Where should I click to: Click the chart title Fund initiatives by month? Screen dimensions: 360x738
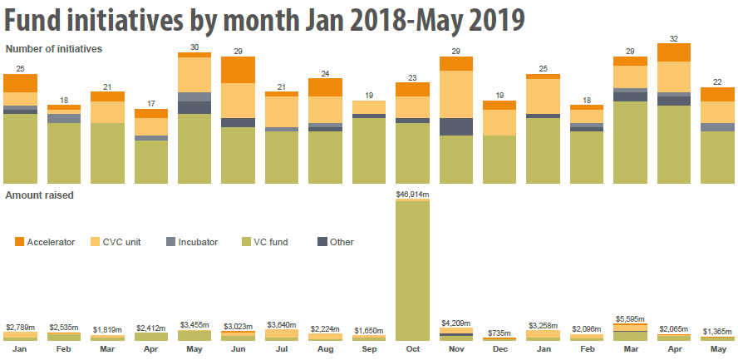(x=264, y=19)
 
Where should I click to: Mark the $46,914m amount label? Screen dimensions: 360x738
(x=412, y=194)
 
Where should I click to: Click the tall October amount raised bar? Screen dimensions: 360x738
(x=412, y=270)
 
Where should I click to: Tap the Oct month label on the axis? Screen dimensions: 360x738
(x=412, y=350)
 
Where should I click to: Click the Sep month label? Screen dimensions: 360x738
(x=368, y=350)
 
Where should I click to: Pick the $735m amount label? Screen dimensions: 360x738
(x=499, y=333)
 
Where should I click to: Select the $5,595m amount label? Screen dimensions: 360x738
(x=630, y=318)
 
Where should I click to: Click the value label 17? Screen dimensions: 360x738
(x=150, y=103)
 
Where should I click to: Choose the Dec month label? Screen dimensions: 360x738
(x=499, y=350)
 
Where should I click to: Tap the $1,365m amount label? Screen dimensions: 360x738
(x=717, y=331)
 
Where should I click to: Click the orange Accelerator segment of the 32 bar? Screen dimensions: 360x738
(x=674, y=52)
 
